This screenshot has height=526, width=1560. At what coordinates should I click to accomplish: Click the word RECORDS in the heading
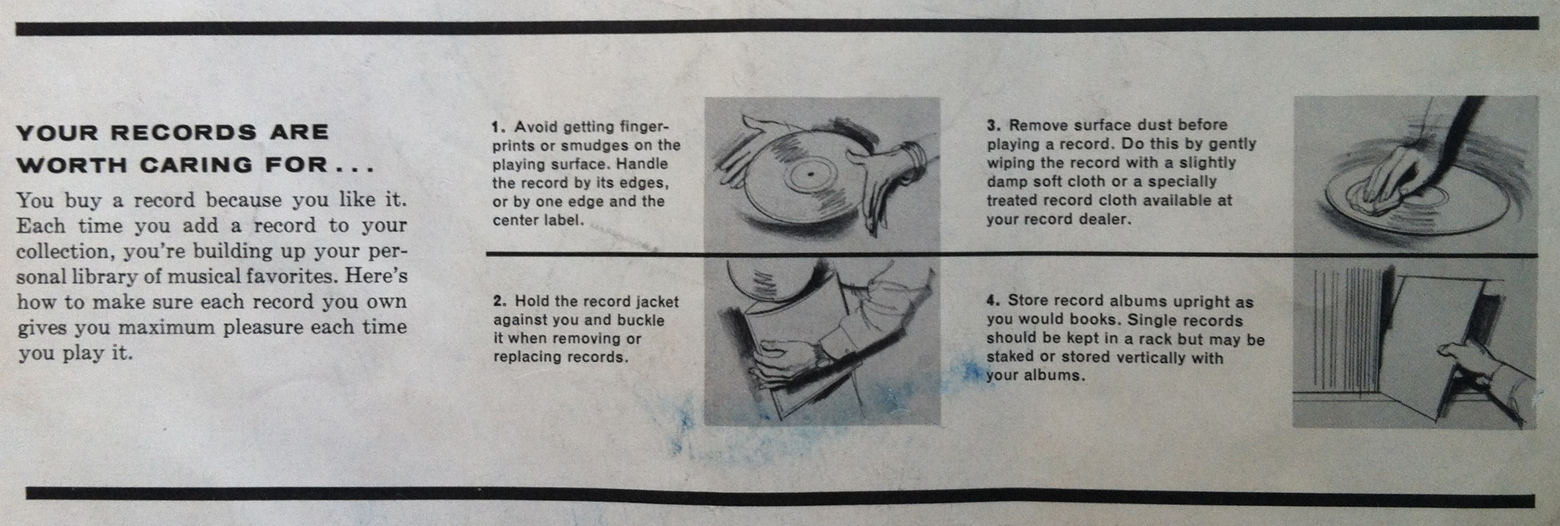[183, 132]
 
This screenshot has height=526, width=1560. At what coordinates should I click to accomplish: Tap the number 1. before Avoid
[499, 127]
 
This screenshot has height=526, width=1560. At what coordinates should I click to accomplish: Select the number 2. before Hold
[500, 301]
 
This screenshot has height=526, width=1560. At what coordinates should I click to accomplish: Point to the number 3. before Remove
[993, 125]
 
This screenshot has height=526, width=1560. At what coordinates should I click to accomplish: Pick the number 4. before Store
[993, 301]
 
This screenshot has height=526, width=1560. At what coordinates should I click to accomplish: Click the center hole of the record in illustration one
[810, 174]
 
